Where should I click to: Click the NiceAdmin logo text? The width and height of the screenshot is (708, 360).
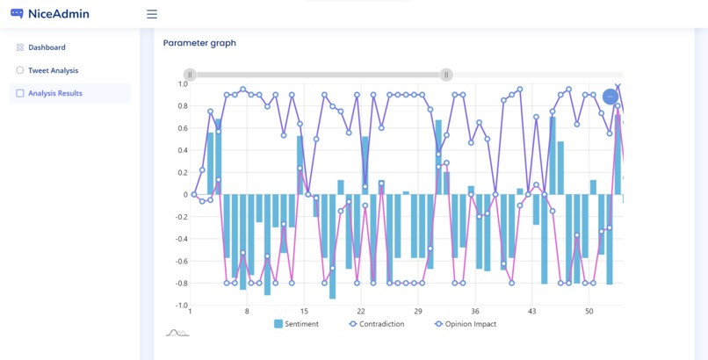[x=58, y=14]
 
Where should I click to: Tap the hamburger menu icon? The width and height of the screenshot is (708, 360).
[x=152, y=14]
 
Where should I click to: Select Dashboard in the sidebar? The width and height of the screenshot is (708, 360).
[x=47, y=47]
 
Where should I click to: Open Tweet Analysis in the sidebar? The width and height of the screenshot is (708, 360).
[x=53, y=70]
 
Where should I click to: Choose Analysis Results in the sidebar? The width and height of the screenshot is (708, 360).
[x=55, y=93]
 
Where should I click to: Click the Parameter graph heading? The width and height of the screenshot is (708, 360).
[x=199, y=43]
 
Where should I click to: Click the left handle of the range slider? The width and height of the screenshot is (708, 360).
[x=190, y=76]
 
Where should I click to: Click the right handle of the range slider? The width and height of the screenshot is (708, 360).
[x=446, y=76]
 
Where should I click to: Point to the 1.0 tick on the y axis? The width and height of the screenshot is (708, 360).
[x=183, y=84]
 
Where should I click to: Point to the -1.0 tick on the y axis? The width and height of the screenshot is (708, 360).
[x=181, y=306]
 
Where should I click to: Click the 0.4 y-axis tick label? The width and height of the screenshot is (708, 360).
[x=183, y=150]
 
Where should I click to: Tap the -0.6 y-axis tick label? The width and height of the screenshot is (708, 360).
[x=181, y=261]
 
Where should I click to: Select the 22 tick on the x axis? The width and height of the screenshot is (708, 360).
[x=361, y=312]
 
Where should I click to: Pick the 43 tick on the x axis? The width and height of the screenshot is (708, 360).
[x=532, y=312]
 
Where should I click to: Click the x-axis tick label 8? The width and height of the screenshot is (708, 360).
[x=247, y=312]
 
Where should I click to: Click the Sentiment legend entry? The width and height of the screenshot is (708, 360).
[x=297, y=324]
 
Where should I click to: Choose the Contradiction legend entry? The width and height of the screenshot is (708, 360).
[x=377, y=324]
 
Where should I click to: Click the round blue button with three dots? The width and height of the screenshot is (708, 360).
[x=610, y=97]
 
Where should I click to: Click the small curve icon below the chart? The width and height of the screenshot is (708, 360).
[x=177, y=333]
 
